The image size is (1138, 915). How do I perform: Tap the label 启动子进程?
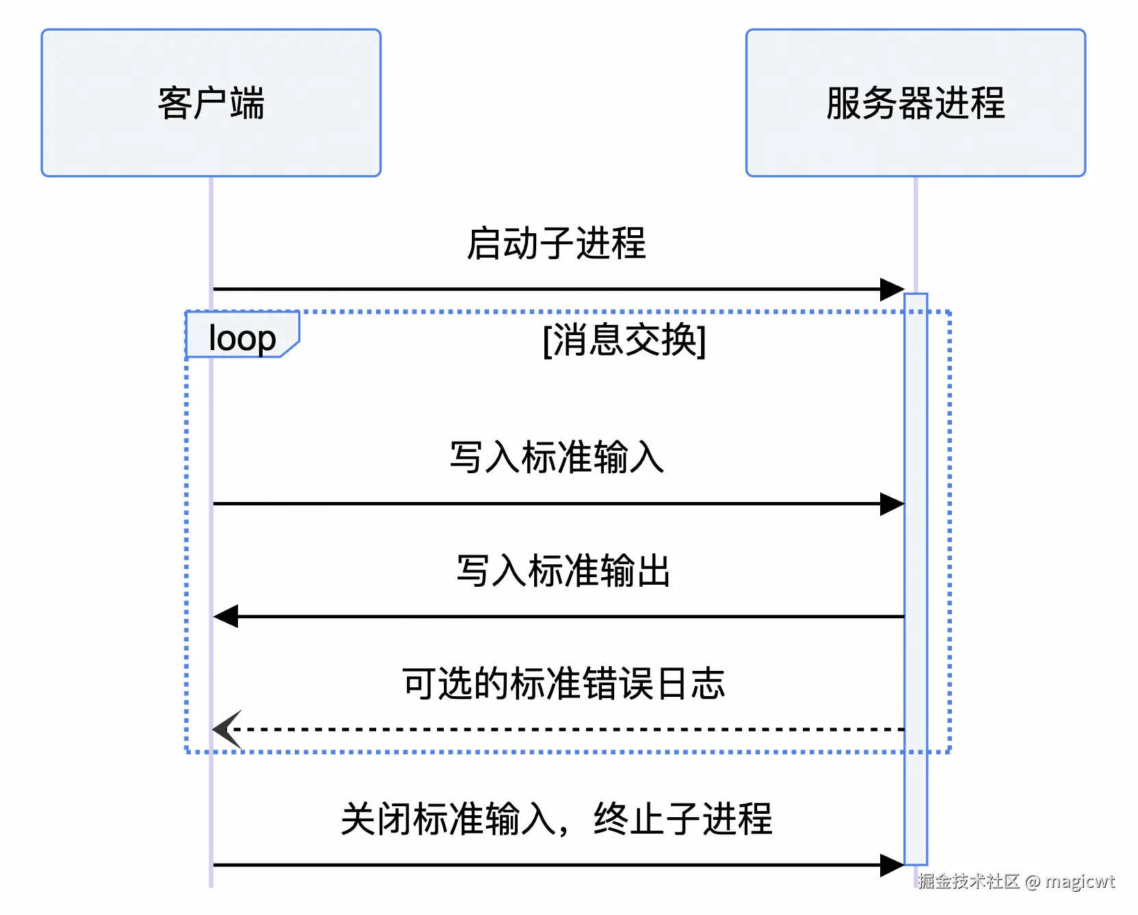tap(556, 243)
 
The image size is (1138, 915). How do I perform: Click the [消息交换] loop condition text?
tap(624, 339)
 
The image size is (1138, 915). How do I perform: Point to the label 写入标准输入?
tap(556, 457)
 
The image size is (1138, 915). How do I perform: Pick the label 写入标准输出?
tap(563, 570)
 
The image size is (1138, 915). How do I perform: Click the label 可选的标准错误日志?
tap(563, 683)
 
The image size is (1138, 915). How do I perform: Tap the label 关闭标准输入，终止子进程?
tap(556, 818)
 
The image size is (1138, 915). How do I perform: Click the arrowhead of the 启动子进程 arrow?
tap(892, 289)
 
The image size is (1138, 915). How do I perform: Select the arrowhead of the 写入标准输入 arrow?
tap(892, 504)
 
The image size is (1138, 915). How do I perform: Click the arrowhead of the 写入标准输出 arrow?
tap(226, 616)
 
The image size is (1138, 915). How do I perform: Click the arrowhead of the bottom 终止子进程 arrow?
tap(892, 865)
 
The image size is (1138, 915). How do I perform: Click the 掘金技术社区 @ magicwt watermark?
tap(1016, 881)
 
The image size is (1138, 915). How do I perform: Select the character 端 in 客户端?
tap(248, 103)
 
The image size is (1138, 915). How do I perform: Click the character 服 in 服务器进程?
tap(844, 103)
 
